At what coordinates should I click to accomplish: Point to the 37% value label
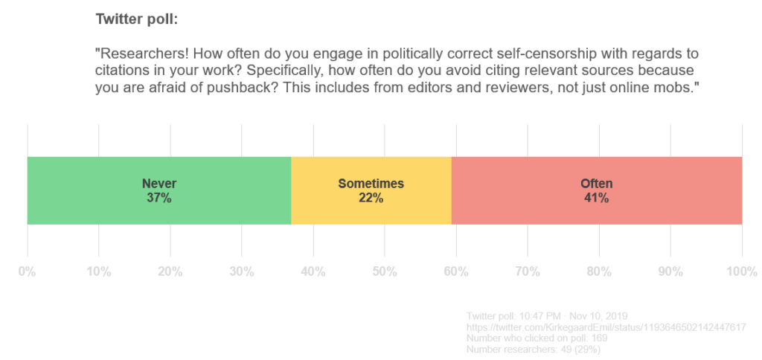point(159,198)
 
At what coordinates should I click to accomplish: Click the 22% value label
point(371,198)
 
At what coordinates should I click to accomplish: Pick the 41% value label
point(596,198)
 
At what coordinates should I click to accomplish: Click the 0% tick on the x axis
point(27,271)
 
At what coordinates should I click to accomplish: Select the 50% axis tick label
point(384,271)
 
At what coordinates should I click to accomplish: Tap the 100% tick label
point(741,271)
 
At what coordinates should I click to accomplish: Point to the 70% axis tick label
point(527,271)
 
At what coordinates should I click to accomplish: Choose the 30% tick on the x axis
point(241,271)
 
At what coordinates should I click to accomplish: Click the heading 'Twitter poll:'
point(137,19)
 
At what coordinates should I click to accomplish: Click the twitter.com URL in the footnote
point(606,327)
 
